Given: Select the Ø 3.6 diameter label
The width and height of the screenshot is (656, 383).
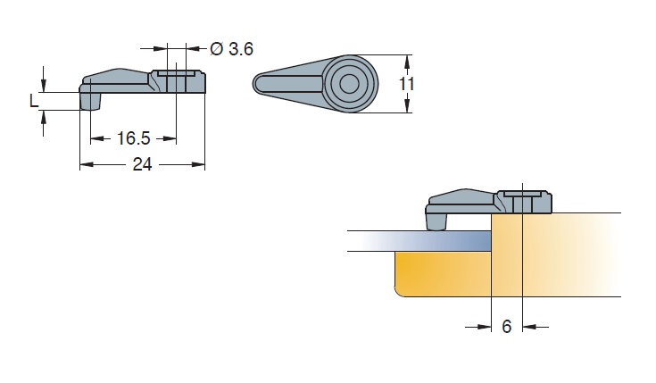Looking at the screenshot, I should click(x=231, y=49).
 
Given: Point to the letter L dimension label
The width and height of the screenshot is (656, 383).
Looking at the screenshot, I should click(x=34, y=101).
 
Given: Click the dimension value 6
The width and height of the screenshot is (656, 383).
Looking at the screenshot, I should click(x=506, y=327).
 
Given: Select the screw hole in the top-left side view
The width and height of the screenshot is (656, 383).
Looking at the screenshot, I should click(x=176, y=80).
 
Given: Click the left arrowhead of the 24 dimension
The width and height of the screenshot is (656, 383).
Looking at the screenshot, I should click(x=85, y=164).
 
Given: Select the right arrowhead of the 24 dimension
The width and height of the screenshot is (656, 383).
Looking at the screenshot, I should click(x=201, y=164).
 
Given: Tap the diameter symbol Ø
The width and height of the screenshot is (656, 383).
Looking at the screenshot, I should click(x=217, y=49).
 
